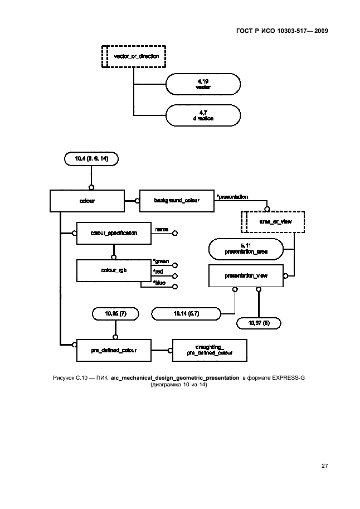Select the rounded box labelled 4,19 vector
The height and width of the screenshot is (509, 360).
(203, 85)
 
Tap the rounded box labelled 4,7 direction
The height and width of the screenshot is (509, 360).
(203, 116)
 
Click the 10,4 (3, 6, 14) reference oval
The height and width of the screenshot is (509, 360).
(91, 159)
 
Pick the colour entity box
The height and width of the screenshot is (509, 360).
(87, 201)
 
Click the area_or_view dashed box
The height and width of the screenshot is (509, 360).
(273, 221)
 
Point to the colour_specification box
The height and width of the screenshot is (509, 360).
(114, 232)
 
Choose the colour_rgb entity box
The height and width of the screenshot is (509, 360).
(114, 271)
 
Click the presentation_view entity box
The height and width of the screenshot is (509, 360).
(246, 275)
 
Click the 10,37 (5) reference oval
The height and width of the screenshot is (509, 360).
(259, 323)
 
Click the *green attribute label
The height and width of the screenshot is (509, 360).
(161, 261)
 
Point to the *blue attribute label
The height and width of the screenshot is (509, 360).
(160, 283)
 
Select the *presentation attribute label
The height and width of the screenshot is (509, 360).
(232, 197)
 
